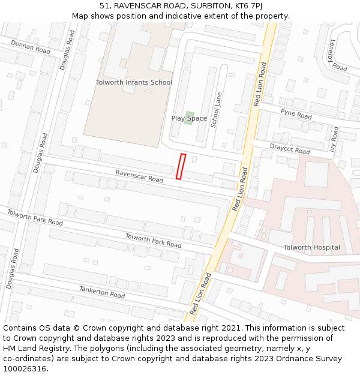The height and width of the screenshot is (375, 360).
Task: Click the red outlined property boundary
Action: pos(181,166)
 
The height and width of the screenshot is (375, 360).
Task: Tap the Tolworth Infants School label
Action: pos(134,82)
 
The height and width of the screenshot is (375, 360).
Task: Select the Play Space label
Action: pos(189,119)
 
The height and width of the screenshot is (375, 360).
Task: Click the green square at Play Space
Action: pos(190,114)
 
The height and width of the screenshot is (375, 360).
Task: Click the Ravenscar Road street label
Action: pos(139,176)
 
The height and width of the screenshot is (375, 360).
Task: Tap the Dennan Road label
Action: pos(31,47)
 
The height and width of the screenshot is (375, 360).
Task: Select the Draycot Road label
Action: pos(289,148)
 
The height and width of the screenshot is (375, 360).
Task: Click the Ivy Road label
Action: pos(335,140)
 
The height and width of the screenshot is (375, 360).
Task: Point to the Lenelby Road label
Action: pos(338,55)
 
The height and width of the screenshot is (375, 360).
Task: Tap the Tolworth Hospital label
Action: pos(311,247)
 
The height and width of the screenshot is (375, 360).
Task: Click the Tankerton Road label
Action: pos(102,292)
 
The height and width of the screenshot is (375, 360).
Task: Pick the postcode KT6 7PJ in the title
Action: pos(248,5)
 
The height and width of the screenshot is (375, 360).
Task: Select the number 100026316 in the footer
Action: pos(25,369)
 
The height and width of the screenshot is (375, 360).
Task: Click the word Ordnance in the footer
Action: pos(298,359)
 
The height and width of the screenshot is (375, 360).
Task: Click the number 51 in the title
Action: pos(104,5)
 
